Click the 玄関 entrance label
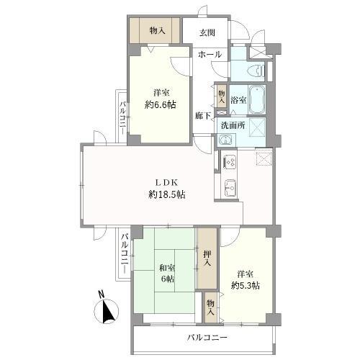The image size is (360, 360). [x=207, y=32]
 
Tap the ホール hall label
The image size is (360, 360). [x=210, y=55]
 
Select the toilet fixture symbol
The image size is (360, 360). [x=257, y=71]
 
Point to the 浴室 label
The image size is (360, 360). [x=238, y=100]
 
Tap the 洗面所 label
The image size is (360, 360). [x=233, y=125]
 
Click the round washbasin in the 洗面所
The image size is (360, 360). [x=225, y=140]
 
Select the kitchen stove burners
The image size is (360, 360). [x=230, y=162]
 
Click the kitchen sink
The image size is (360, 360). [x=230, y=189]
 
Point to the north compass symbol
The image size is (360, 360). [x=107, y=311]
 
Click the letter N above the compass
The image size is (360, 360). [x=102, y=294]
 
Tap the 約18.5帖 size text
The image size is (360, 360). [x=167, y=194]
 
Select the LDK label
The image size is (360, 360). [x=167, y=183]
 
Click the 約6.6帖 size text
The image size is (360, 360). [x=161, y=104]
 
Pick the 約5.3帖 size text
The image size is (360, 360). [x=246, y=286]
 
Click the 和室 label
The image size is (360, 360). [x=168, y=268]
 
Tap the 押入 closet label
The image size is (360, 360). [x=207, y=258]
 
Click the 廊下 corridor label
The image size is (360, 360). [x=203, y=116]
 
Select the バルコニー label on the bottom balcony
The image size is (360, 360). [x=207, y=338]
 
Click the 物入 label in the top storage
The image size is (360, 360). [x=158, y=30]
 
